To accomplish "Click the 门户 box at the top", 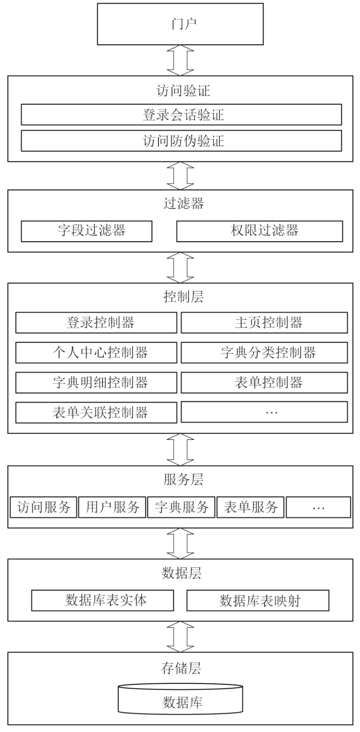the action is click(180, 24).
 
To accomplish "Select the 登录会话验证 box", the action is click(181, 114).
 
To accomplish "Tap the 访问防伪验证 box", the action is click(181, 140).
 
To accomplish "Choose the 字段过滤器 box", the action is click(86, 231).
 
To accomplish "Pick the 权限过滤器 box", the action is click(259, 231).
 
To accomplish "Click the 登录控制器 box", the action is click(96, 322).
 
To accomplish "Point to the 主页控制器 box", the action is click(264, 322).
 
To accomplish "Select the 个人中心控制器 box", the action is click(96, 352).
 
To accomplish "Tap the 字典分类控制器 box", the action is click(264, 352).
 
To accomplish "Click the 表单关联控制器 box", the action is click(96, 412).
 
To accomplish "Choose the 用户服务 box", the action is click(112, 507).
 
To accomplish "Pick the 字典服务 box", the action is click(181, 507).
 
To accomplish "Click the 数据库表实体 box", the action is click(102, 600).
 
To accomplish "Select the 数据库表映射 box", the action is click(258, 600).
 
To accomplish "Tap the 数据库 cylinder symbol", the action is click(180, 702).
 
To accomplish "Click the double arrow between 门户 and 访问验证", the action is click(180, 60).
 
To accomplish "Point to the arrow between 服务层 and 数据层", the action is click(180, 543).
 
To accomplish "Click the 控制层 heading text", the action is click(183, 297).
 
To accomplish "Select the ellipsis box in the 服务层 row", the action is click(319, 507).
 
